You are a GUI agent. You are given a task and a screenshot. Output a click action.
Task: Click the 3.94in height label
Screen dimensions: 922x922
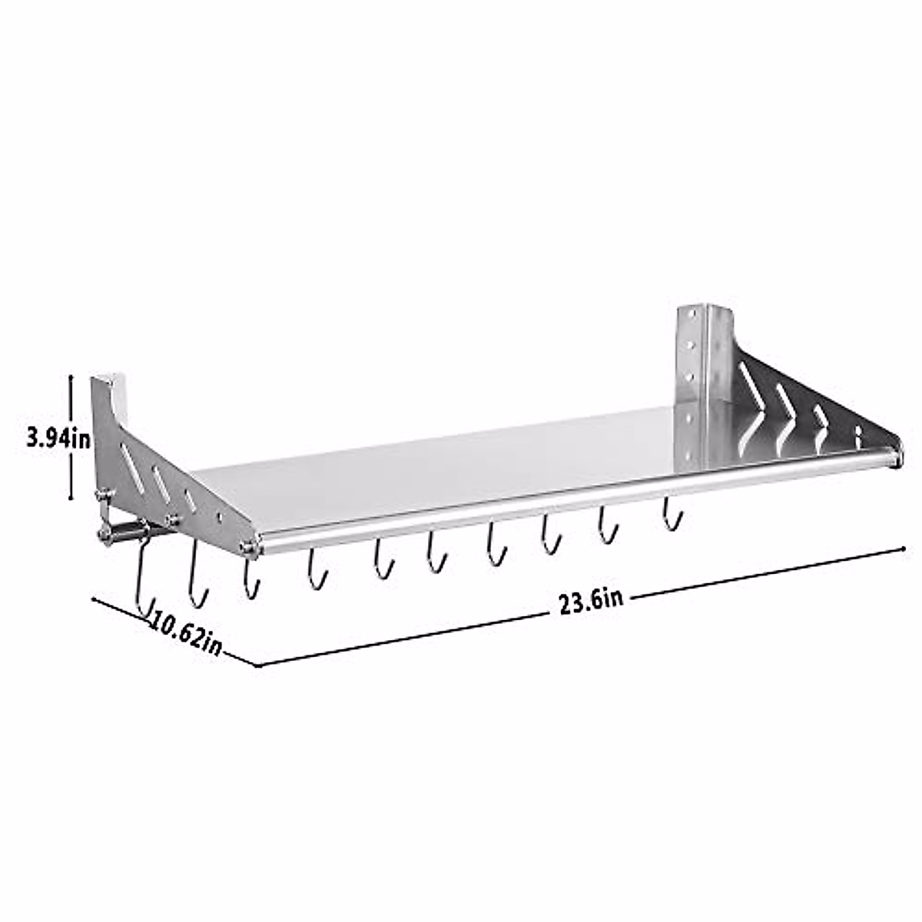58,439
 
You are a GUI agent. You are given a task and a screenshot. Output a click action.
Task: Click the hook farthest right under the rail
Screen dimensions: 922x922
671,514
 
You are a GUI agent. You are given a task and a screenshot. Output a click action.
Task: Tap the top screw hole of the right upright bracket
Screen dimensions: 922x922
691,316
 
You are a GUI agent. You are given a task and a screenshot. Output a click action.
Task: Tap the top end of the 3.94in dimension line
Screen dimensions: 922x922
71,376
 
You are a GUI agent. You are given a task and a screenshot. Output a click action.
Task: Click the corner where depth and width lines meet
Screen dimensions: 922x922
258,665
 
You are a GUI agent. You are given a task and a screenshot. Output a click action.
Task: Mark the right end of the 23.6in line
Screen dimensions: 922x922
904,548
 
